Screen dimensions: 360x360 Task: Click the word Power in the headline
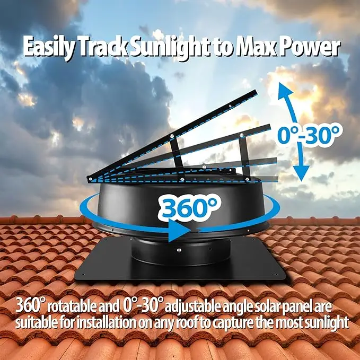309,48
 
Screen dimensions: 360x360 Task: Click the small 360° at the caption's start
28,306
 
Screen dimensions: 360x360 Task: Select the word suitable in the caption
34,322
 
